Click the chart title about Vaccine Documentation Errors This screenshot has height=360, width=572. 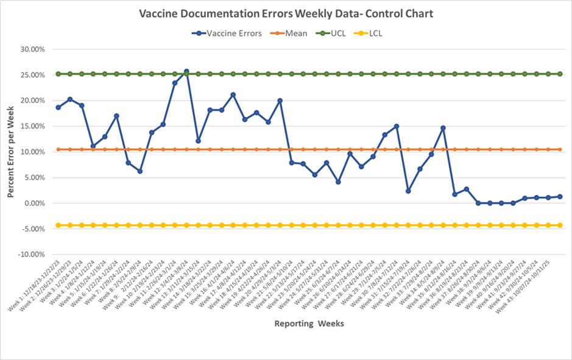(x=286, y=13)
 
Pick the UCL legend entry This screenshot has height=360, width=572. (x=337, y=34)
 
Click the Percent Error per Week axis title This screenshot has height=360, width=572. (x=11, y=151)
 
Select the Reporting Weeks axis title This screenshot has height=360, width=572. (x=309, y=323)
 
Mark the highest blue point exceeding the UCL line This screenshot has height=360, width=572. (x=186, y=71)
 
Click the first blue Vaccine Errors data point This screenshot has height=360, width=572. (x=58, y=107)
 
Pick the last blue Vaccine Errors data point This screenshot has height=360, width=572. (x=560, y=196)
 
